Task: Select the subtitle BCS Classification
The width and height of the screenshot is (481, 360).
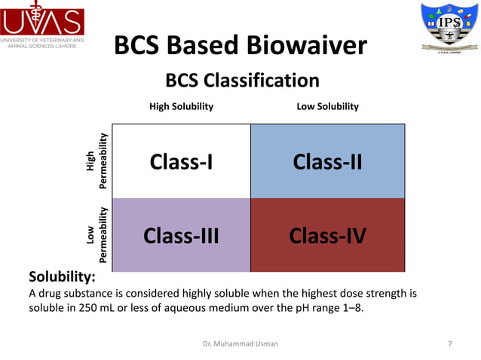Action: click(x=242, y=81)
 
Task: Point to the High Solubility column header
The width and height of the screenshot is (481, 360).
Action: click(x=181, y=107)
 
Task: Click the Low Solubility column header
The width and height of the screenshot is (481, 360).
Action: click(x=327, y=107)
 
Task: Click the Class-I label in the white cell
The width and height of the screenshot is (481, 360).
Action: click(x=181, y=162)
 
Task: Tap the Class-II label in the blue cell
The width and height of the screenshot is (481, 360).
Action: click(x=327, y=162)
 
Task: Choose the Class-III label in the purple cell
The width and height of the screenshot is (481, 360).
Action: click(x=181, y=236)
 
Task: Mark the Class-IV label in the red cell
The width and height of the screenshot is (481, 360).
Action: click(x=327, y=236)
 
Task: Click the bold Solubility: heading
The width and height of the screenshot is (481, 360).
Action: click(x=61, y=277)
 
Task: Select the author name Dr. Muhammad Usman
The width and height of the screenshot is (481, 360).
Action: click(x=240, y=343)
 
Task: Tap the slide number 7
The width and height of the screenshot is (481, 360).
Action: click(x=450, y=343)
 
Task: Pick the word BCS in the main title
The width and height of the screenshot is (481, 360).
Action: click(x=143, y=47)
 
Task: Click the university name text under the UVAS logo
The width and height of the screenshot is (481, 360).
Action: click(x=42, y=41)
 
